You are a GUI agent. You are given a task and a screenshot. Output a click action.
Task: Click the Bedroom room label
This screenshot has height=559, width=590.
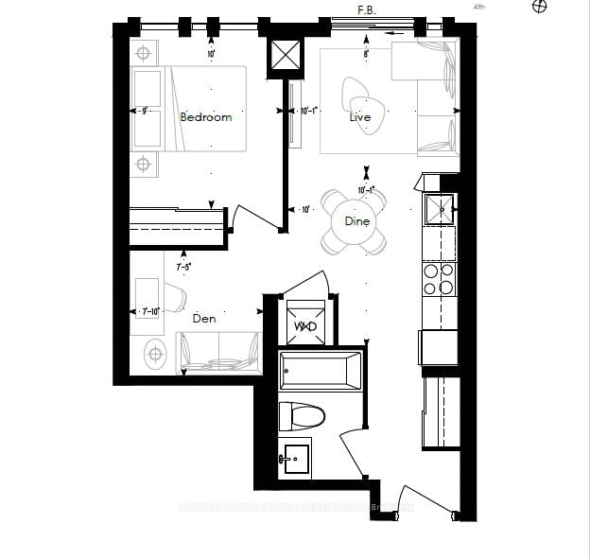[x=205, y=117]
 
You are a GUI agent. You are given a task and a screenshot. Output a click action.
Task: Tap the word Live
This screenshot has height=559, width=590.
[x=359, y=117]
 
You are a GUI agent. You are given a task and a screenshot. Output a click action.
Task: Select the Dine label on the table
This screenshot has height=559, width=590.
[x=356, y=220]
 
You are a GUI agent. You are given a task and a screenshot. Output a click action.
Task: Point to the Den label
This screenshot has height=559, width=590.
[x=204, y=319]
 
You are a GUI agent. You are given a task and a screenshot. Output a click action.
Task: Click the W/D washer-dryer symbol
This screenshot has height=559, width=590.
[x=304, y=325]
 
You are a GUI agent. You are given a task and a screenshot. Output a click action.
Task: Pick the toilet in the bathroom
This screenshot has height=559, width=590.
[x=303, y=415]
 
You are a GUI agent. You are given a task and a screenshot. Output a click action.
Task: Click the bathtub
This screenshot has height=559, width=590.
[x=321, y=370]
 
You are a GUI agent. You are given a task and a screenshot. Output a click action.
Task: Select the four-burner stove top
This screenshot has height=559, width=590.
[x=439, y=279]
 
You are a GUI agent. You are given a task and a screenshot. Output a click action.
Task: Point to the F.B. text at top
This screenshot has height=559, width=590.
[x=367, y=9]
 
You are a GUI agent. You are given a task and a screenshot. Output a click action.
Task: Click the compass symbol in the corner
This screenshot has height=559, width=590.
[x=540, y=7]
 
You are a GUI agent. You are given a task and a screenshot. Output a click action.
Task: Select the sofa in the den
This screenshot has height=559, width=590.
[x=219, y=353]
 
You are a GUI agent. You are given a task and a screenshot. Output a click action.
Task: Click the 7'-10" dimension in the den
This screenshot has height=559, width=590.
[x=150, y=311]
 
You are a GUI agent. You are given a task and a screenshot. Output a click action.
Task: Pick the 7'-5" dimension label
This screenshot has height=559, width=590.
[x=183, y=267]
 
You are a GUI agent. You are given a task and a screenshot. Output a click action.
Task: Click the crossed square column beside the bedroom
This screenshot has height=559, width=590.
[x=286, y=56]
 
